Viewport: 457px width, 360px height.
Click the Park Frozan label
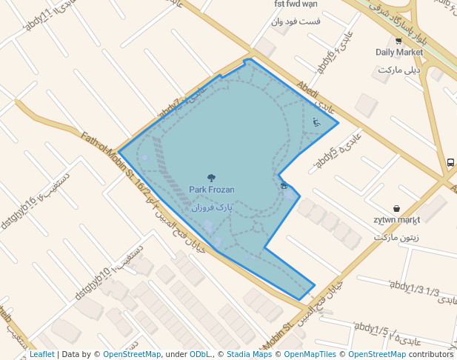[x=212, y=190]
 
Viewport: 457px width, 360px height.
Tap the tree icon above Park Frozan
[x=212, y=178]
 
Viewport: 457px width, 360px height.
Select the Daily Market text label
[x=399, y=52]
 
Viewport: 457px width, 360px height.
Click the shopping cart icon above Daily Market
[x=398, y=41]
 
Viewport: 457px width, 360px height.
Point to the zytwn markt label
[x=397, y=220]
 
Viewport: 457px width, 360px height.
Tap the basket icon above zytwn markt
[x=397, y=209]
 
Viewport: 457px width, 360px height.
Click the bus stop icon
[x=450, y=162]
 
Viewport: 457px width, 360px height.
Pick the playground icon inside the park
[x=317, y=121]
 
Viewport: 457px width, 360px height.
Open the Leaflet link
[x=41, y=354]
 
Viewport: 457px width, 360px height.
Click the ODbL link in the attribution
[x=200, y=354]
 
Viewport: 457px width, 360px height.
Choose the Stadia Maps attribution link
[x=249, y=354]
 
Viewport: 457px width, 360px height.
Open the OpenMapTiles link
[x=312, y=354]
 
